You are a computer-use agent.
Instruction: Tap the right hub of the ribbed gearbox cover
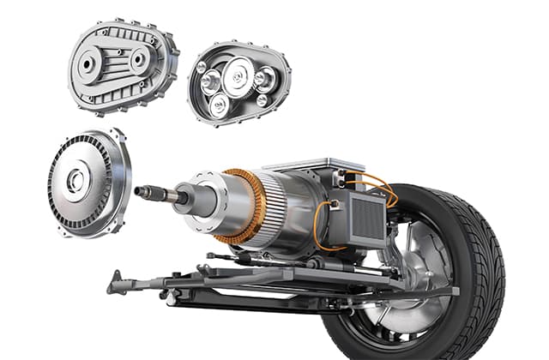(137, 59)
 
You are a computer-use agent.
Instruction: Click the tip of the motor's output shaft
(139, 190)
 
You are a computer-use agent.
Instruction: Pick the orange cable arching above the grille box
(377, 183)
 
